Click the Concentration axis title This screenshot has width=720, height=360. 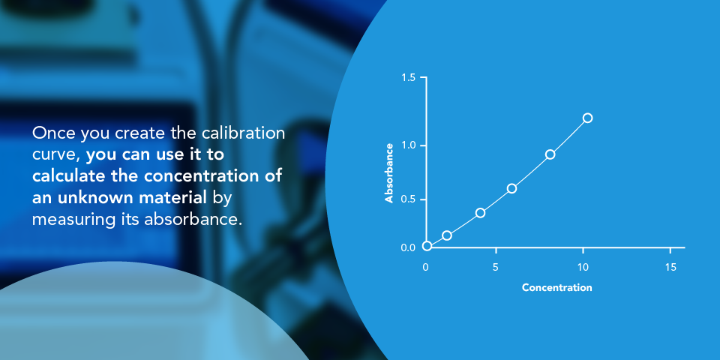tap(556, 287)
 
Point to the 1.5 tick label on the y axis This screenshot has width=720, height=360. tap(409, 78)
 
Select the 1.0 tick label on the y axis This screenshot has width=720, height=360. tap(409, 145)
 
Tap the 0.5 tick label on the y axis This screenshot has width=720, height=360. tap(409, 199)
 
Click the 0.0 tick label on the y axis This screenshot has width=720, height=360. tap(409, 247)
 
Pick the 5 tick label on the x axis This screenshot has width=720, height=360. tap(496, 267)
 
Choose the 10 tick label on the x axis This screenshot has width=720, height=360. tap(583, 267)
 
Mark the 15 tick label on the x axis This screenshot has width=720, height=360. tap(670, 267)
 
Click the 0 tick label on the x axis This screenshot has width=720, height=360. tap(426, 267)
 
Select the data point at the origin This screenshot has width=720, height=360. tap(427, 246)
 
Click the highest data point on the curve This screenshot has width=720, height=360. tap(587, 118)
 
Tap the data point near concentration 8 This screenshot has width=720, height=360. tap(550, 154)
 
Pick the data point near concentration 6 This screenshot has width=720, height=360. tap(511, 188)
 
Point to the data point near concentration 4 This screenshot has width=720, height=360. tap(480, 213)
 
